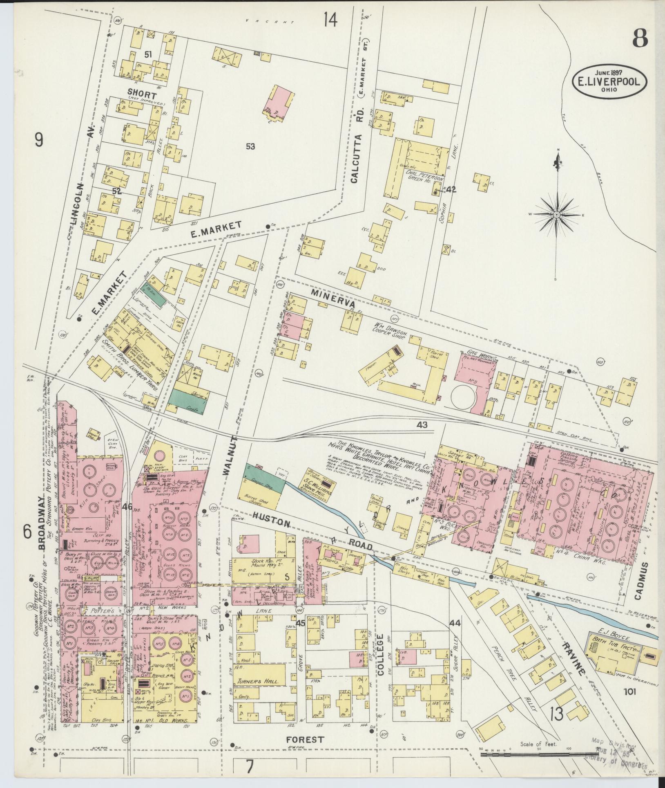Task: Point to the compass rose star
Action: [557, 214]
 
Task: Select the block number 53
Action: [250, 146]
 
